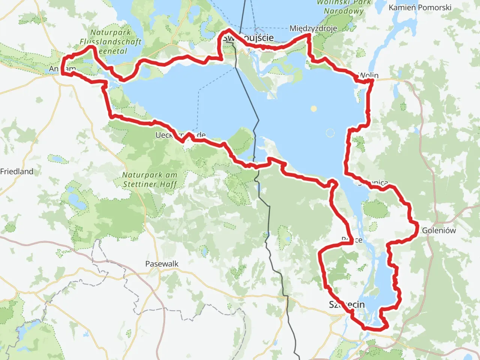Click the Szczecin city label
(346, 304)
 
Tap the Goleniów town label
(439, 230)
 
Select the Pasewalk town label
(162, 264)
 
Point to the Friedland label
(17, 171)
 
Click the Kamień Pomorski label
(420, 7)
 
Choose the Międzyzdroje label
(313, 28)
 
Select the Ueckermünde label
(180, 135)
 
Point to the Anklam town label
(62, 69)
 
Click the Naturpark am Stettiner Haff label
(150, 180)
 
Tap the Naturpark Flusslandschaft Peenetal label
(111, 42)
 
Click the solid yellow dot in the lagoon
(313, 109)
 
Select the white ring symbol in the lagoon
(330, 133)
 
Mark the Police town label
(352, 240)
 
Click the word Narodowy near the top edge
(343, 11)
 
